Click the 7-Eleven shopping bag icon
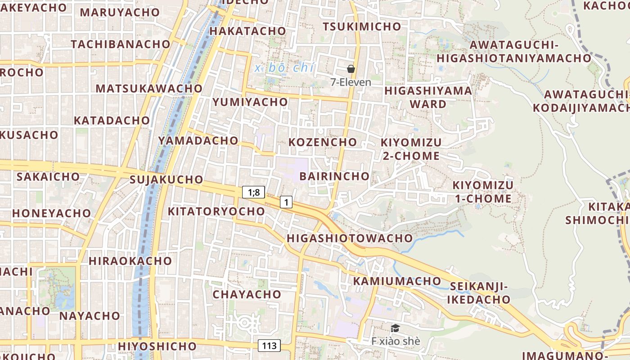tap(351, 69)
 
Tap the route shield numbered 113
tap(269, 346)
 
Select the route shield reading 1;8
tap(254, 192)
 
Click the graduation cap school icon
tap(395, 328)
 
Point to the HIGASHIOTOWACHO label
tap(350, 238)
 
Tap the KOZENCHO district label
tap(322, 142)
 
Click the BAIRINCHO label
tap(334, 176)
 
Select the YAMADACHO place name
tap(198, 140)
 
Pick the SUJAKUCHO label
tap(166, 180)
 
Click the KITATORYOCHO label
tap(216, 211)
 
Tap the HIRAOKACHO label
tap(130, 261)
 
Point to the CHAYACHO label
tap(247, 294)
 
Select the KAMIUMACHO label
tap(397, 281)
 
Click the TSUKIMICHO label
tap(362, 27)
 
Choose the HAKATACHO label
tap(247, 31)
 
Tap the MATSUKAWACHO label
tap(149, 88)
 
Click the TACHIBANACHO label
tap(121, 44)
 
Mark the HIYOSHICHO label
tap(157, 346)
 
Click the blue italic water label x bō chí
tap(284, 68)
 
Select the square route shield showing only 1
tap(286, 202)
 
